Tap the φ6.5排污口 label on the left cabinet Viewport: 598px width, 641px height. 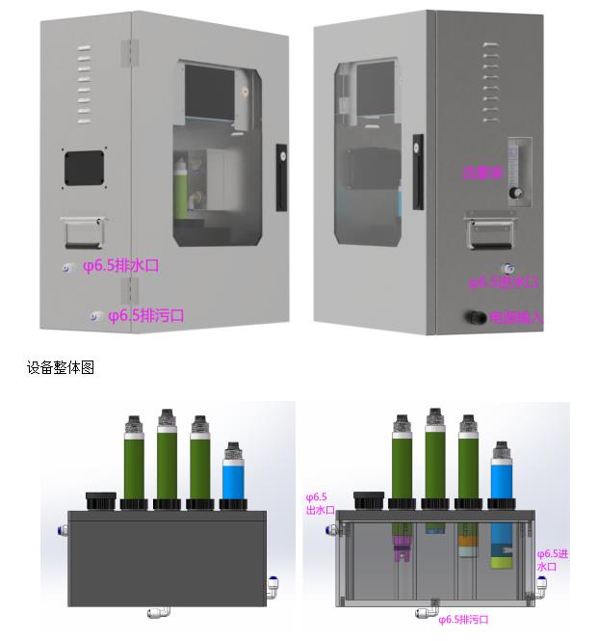pos(145,315)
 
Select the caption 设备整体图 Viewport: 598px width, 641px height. pos(60,368)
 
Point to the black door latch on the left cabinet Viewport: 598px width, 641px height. pos(281,177)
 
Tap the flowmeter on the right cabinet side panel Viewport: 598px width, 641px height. pos(521,172)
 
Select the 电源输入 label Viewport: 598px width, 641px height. pos(516,317)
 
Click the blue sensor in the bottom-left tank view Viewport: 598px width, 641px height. pos(234,470)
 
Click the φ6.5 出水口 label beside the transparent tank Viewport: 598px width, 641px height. pos(320,503)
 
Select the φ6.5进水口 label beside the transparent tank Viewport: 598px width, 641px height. pos(553,560)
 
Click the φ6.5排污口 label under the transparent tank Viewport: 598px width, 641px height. pos(463,620)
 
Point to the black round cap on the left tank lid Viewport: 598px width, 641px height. pos(100,499)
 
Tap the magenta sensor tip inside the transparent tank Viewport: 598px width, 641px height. pos(403,551)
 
